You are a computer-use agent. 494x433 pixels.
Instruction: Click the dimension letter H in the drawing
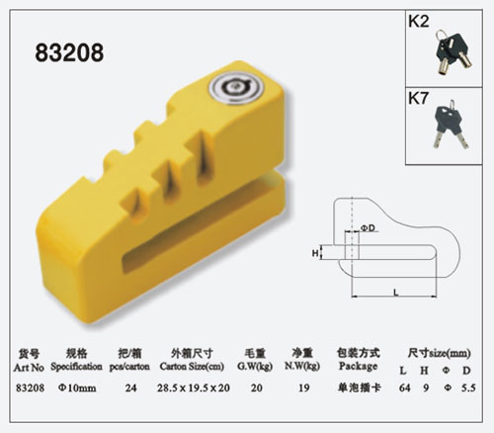(x=317, y=253)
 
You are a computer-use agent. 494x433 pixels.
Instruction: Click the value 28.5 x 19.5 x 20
(x=194, y=387)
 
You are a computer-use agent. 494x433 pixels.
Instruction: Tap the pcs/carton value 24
(x=129, y=387)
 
